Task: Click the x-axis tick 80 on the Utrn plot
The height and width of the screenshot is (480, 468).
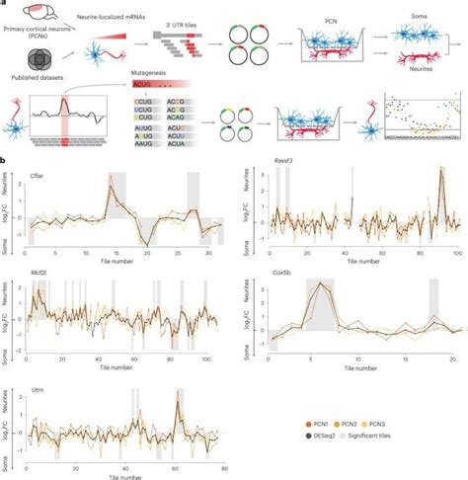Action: (224, 465)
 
